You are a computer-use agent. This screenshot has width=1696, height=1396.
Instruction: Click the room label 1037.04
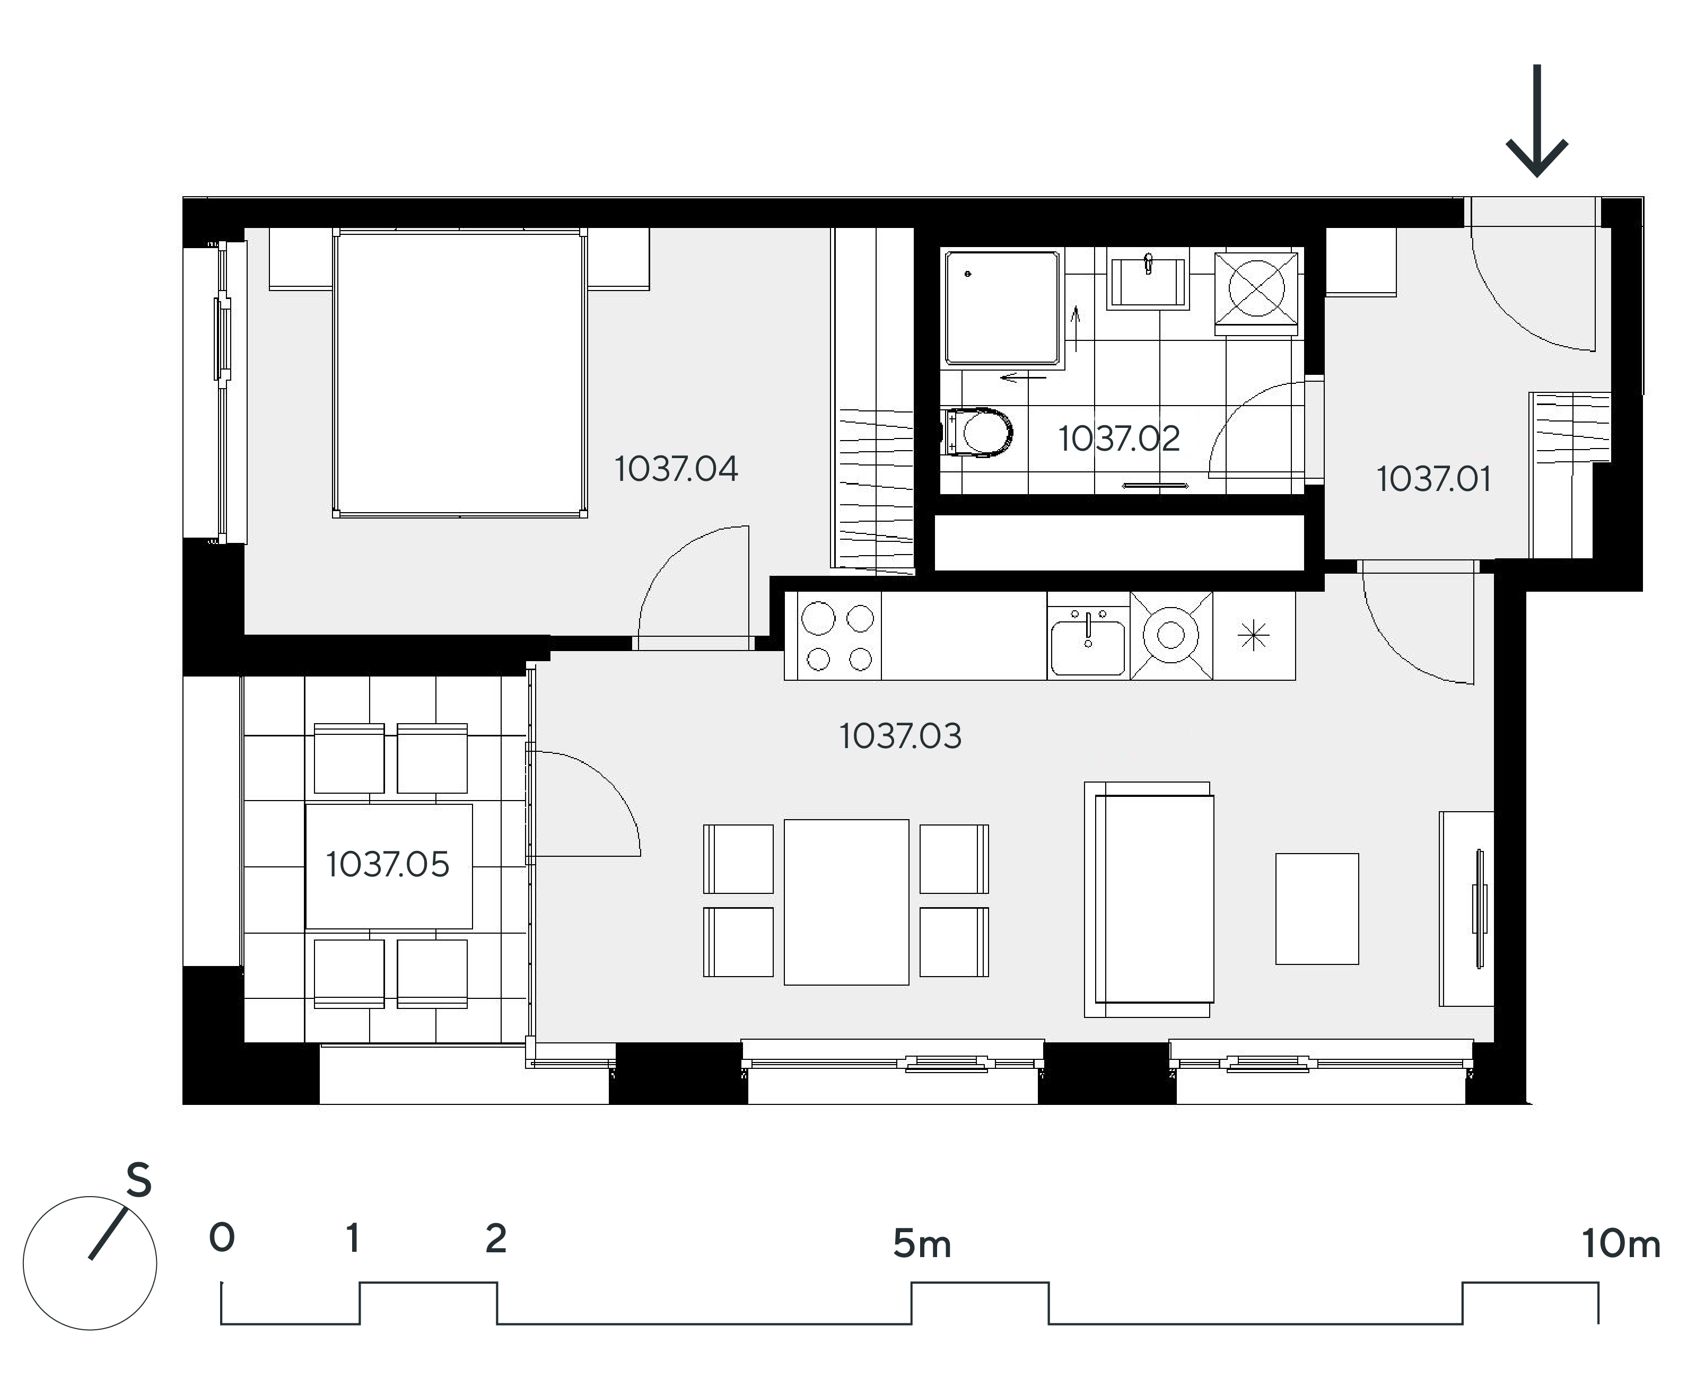point(676,469)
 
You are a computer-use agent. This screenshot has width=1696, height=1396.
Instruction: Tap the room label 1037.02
point(1118,438)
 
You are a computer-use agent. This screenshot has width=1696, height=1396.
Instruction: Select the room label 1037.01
point(1433,479)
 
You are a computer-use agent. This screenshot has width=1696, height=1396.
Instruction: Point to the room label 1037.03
point(900,736)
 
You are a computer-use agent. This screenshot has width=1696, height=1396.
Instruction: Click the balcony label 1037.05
point(388,864)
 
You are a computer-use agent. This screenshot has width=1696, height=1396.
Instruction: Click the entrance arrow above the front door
point(1537,121)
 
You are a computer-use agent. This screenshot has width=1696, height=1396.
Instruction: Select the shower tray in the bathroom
point(1002,309)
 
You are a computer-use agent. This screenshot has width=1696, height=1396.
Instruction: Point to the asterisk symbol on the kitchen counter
point(1254,637)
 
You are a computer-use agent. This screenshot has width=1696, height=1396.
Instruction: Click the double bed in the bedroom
point(460,373)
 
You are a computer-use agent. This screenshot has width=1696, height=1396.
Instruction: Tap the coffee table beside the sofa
point(1317,909)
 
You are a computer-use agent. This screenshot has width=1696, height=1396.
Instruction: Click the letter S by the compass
point(138,1181)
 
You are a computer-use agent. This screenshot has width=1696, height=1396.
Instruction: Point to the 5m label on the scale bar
point(922,1244)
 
